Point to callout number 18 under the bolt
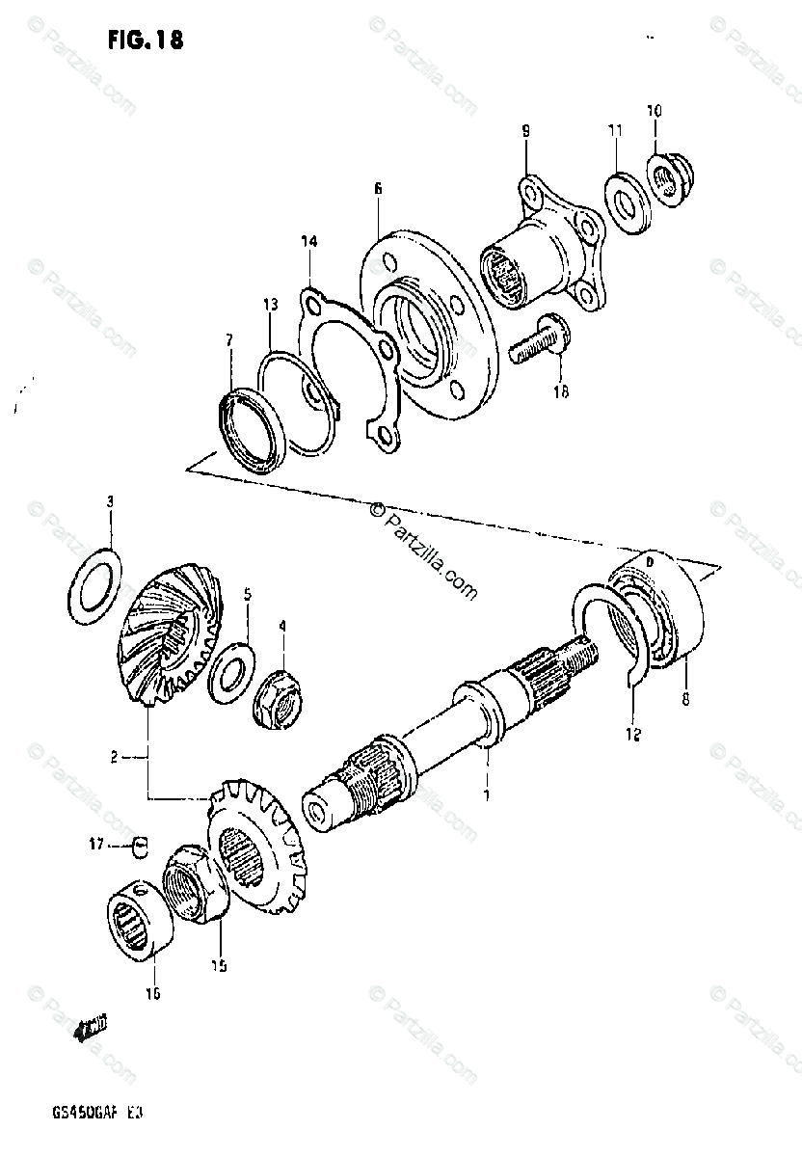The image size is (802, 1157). click(561, 390)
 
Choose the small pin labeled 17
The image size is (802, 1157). click(142, 846)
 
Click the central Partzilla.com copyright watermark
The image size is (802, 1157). click(424, 550)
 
